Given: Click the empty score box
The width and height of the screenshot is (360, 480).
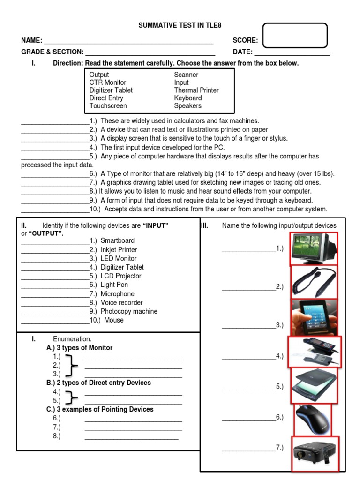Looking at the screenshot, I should (295, 35).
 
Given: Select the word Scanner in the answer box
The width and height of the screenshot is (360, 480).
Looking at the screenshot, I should (186, 75).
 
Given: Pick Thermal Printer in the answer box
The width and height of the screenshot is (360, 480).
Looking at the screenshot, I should (196, 90).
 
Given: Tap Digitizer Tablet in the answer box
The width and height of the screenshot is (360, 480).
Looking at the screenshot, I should (111, 90).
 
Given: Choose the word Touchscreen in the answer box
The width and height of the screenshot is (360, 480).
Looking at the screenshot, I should (108, 106).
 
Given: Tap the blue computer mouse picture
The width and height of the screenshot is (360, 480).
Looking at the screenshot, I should (312, 419).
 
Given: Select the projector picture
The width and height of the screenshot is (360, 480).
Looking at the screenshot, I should (314, 453).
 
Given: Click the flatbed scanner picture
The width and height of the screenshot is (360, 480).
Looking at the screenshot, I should (314, 385).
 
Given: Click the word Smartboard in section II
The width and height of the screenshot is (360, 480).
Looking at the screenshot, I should (118, 240).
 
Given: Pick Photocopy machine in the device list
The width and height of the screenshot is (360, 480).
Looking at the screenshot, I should (129, 311).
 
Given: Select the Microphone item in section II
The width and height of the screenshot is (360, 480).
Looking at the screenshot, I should (118, 294).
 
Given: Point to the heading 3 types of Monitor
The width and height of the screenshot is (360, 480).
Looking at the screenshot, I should (80, 348).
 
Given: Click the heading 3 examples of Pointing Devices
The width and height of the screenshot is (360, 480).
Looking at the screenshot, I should (100, 409).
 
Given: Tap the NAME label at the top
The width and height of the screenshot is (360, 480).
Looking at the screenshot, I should (31, 40).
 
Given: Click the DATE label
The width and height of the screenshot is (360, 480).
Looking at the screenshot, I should (243, 52).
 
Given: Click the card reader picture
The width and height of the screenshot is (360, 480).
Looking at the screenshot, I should (314, 352).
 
